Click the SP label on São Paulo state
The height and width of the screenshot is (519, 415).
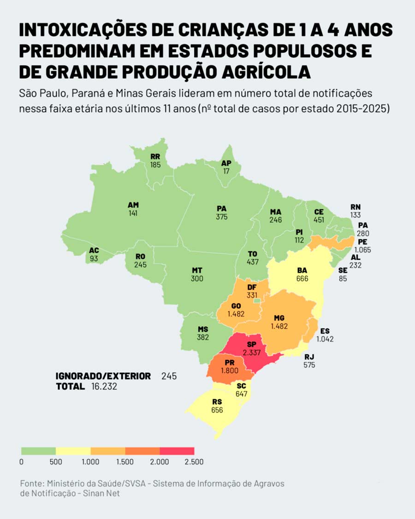(251, 345)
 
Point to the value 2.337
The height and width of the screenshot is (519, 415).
(251, 353)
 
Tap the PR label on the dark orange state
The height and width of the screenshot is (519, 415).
(230, 362)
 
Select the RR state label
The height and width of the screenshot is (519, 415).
(155, 156)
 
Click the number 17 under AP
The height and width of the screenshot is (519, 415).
(226, 171)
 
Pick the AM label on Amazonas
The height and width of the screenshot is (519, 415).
(133, 205)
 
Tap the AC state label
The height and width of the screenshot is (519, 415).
(94, 251)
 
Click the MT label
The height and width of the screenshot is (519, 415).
(197, 270)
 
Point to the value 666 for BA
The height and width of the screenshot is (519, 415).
(302, 279)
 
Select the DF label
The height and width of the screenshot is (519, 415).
(252, 287)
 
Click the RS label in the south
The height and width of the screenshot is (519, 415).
(217, 401)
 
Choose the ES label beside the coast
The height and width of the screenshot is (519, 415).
(325, 331)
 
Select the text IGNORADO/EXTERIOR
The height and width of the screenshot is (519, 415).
(103, 376)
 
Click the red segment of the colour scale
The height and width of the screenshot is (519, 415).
(177, 451)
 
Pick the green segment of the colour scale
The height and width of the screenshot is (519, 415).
(38, 451)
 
